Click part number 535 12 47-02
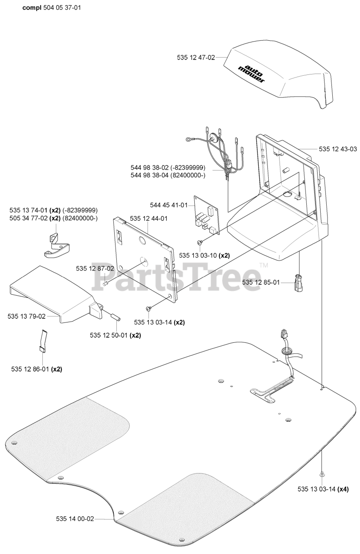(196, 57)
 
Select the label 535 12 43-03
(338, 149)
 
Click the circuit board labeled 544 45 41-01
(207, 214)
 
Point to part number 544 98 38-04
(168, 175)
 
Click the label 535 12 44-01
(148, 219)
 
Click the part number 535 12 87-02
(95, 268)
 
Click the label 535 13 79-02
(26, 316)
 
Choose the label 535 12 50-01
(109, 335)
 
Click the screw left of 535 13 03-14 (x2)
(148, 309)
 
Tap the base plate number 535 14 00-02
(75, 519)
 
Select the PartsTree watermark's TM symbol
(264, 265)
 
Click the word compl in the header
(32, 7)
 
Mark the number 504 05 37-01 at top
(62, 7)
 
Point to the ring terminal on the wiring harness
(189, 139)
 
